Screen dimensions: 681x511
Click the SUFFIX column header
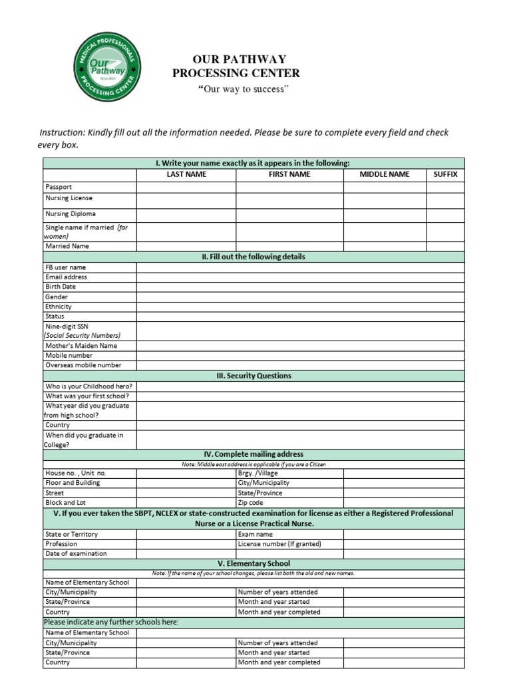pyautogui.click(x=445, y=174)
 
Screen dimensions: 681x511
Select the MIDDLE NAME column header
pyautogui.click(x=385, y=174)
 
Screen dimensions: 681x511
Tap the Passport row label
pyautogui.click(x=59, y=187)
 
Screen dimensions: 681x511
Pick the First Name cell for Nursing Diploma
pyautogui.click(x=289, y=214)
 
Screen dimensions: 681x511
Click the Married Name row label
pyautogui.click(x=67, y=246)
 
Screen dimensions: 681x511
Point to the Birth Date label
pyautogui.click(x=61, y=287)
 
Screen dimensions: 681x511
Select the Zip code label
pyautogui.click(x=251, y=503)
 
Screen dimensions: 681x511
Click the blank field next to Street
pyautogui.click(x=186, y=493)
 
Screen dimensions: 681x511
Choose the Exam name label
pyautogui.click(x=255, y=534)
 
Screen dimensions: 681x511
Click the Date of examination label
pyautogui.click(x=76, y=553)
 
